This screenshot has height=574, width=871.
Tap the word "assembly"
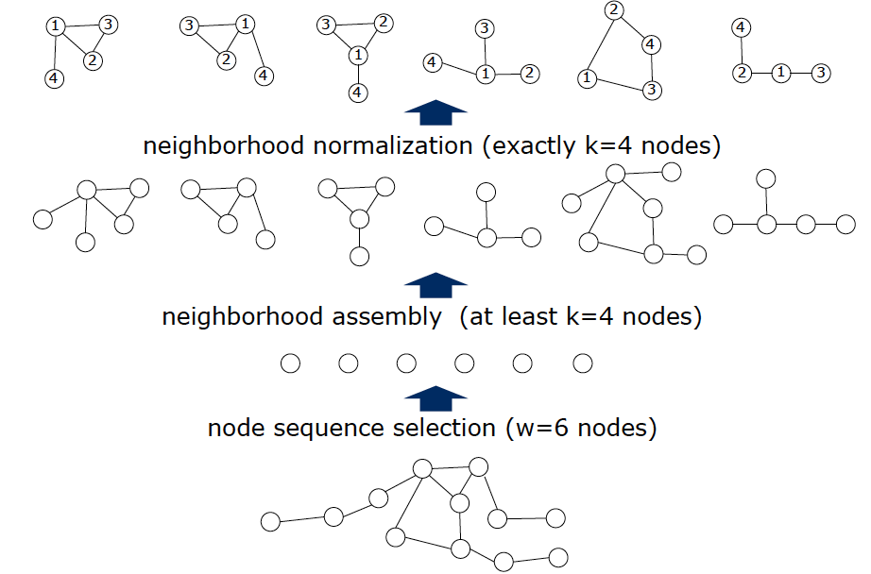point(385,316)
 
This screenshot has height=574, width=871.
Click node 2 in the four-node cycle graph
point(614,10)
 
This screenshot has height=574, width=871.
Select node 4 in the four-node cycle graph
point(650,43)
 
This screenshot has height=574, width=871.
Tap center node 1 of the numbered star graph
point(486,74)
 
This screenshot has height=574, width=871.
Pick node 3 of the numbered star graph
point(486,29)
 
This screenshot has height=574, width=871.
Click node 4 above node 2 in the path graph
point(743,28)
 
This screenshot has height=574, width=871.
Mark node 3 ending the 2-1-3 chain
point(821,73)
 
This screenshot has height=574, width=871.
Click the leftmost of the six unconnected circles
point(290,363)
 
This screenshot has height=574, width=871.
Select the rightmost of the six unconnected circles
point(582,363)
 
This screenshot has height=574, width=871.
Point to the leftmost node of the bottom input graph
point(270,521)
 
